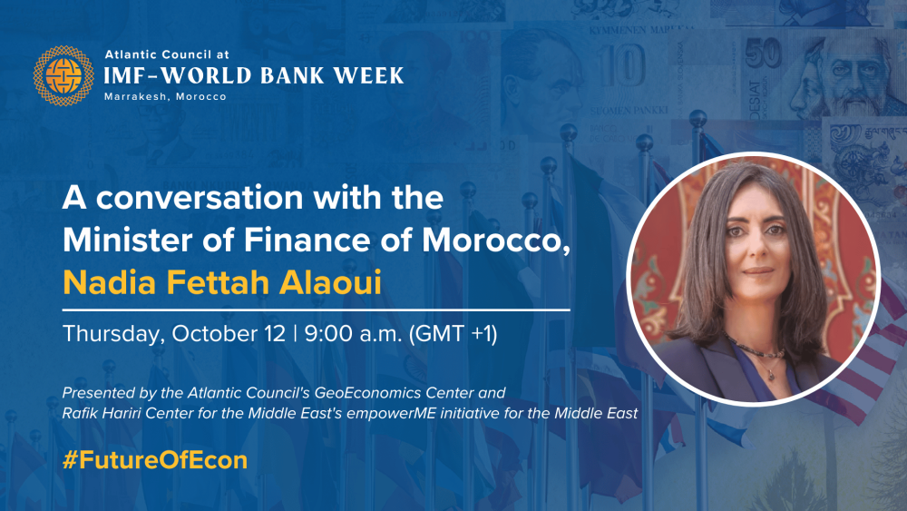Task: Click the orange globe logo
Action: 63,76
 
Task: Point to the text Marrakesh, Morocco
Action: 165,96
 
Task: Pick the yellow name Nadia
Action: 110,282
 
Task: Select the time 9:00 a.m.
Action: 353,334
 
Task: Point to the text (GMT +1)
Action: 453,334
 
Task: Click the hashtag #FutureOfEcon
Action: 155,460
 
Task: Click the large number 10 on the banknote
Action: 621,65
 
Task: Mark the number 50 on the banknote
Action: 763,54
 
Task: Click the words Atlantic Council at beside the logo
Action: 167,55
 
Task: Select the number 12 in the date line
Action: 276,334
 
